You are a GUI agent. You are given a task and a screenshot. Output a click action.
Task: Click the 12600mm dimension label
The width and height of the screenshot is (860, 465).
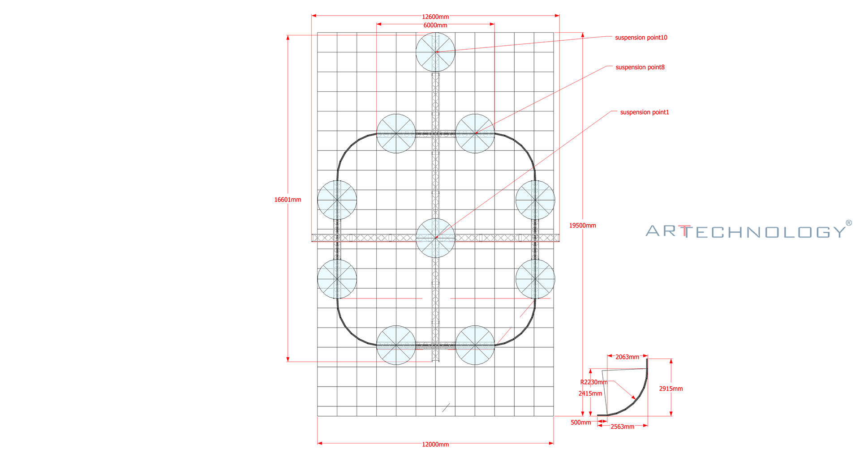coord(435,17)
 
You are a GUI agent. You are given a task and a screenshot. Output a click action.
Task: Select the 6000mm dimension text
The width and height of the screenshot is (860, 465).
coord(435,26)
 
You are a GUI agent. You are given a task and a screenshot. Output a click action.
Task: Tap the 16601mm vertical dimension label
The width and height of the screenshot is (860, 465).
coord(288,200)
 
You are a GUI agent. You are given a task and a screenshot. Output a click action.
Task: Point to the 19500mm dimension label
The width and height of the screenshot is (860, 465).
coord(582,226)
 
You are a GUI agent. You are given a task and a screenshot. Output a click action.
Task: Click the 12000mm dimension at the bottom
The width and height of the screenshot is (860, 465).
coord(435,444)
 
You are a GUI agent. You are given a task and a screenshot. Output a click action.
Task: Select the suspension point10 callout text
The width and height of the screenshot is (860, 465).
coord(641,38)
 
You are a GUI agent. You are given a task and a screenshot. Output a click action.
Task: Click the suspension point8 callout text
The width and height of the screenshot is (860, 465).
coord(640,67)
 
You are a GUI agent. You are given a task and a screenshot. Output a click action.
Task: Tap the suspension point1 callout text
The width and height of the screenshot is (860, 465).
coord(645,112)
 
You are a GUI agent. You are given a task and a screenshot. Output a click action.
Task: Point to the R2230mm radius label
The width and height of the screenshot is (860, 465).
coord(593,382)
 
